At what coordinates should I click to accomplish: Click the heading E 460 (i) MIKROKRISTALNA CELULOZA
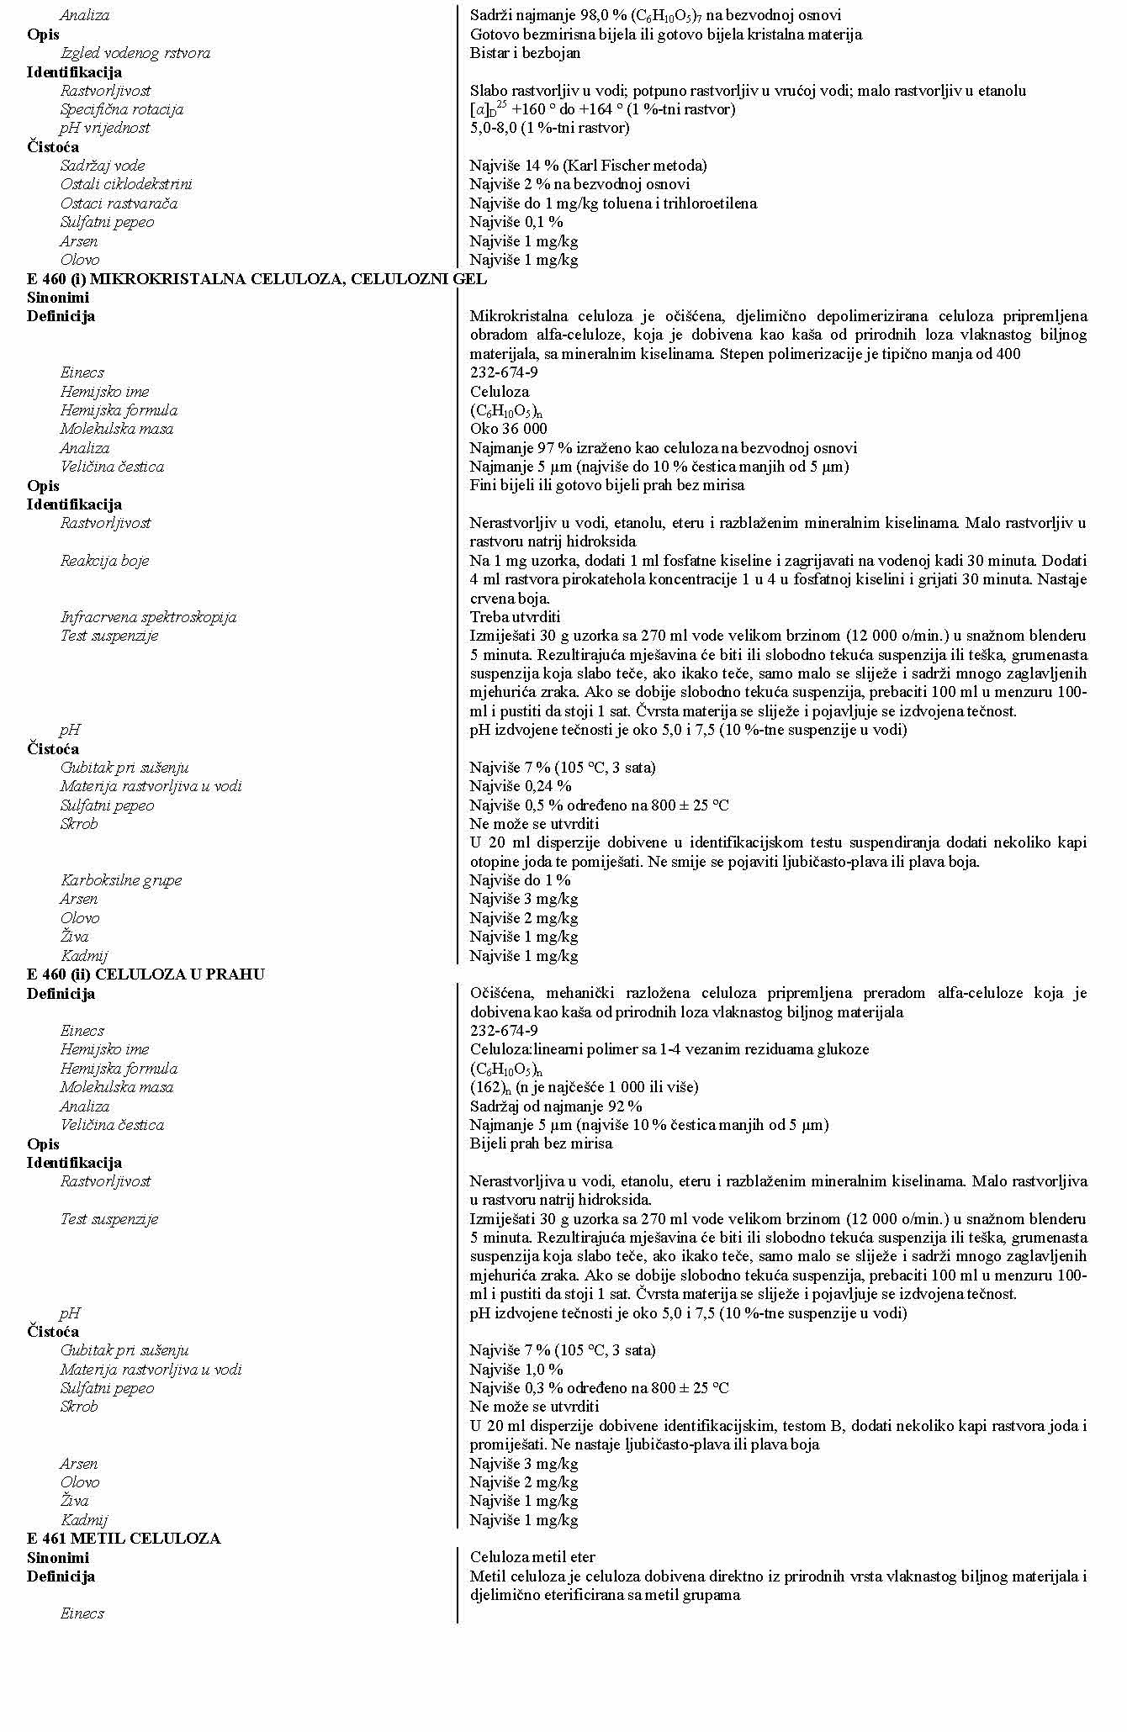(x=257, y=278)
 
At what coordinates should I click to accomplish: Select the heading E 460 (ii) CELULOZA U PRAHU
(x=146, y=974)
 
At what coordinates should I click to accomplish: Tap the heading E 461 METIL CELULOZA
(x=123, y=1538)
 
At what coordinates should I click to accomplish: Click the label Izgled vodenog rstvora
(x=135, y=53)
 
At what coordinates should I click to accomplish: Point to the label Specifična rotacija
(x=121, y=109)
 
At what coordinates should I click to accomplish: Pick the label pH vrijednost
(x=104, y=128)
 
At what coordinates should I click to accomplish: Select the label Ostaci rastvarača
(x=119, y=203)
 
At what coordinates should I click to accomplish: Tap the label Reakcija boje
(x=104, y=561)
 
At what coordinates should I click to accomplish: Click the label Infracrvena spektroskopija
(x=148, y=617)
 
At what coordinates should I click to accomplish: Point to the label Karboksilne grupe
(x=120, y=880)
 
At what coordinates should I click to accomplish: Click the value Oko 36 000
(x=508, y=429)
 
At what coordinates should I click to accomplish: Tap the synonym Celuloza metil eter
(x=532, y=1557)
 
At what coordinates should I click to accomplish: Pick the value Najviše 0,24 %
(x=520, y=786)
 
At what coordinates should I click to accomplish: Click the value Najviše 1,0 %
(x=516, y=1369)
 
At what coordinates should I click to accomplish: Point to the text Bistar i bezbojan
(x=525, y=53)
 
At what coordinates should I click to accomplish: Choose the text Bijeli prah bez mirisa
(x=541, y=1143)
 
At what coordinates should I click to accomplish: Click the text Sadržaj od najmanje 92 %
(x=555, y=1106)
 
